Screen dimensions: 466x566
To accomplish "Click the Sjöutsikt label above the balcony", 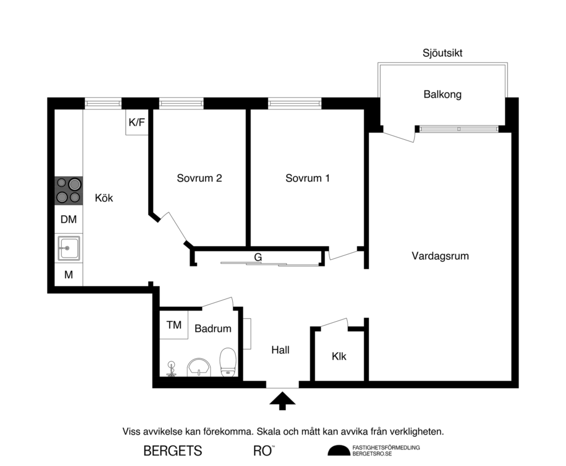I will pyautogui.click(x=442, y=54).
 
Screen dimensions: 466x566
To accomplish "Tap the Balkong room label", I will pyautogui.click(x=442, y=95).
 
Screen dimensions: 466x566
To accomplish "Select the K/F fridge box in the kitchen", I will pyautogui.click(x=137, y=123).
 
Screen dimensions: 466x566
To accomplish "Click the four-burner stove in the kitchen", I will pyautogui.click(x=69, y=191).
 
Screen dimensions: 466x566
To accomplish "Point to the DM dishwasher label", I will pyautogui.click(x=69, y=219).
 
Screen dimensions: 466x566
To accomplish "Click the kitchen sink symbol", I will pyautogui.click(x=69, y=248).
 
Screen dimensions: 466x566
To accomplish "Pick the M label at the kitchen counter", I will pyautogui.click(x=69, y=274).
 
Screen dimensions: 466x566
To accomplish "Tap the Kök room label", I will pyautogui.click(x=104, y=198).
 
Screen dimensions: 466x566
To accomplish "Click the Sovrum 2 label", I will pyautogui.click(x=200, y=179).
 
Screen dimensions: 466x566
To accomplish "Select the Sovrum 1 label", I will pyautogui.click(x=308, y=179).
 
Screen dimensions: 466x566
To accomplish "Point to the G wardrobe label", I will pyautogui.click(x=258, y=257).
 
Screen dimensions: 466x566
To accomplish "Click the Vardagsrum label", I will pyautogui.click(x=440, y=256).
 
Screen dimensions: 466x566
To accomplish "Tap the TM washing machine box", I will pyautogui.click(x=174, y=325).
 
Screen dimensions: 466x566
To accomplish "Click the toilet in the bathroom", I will pyautogui.click(x=228, y=363).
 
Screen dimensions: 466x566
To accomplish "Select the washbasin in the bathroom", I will pyautogui.click(x=199, y=366).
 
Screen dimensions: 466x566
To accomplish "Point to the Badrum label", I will pyautogui.click(x=213, y=329).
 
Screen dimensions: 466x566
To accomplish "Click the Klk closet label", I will pyautogui.click(x=339, y=357).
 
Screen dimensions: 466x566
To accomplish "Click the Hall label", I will pyautogui.click(x=280, y=350).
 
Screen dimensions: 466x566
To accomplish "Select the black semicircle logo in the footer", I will pyautogui.click(x=339, y=451).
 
